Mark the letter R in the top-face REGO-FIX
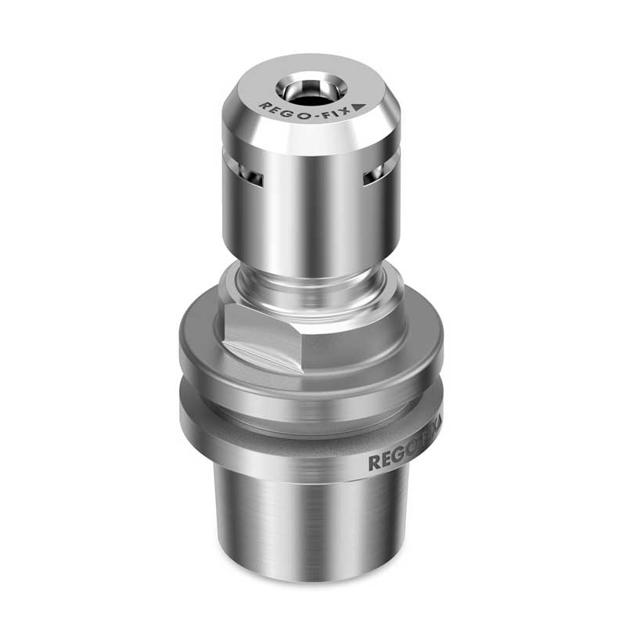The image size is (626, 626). (x=263, y=105)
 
